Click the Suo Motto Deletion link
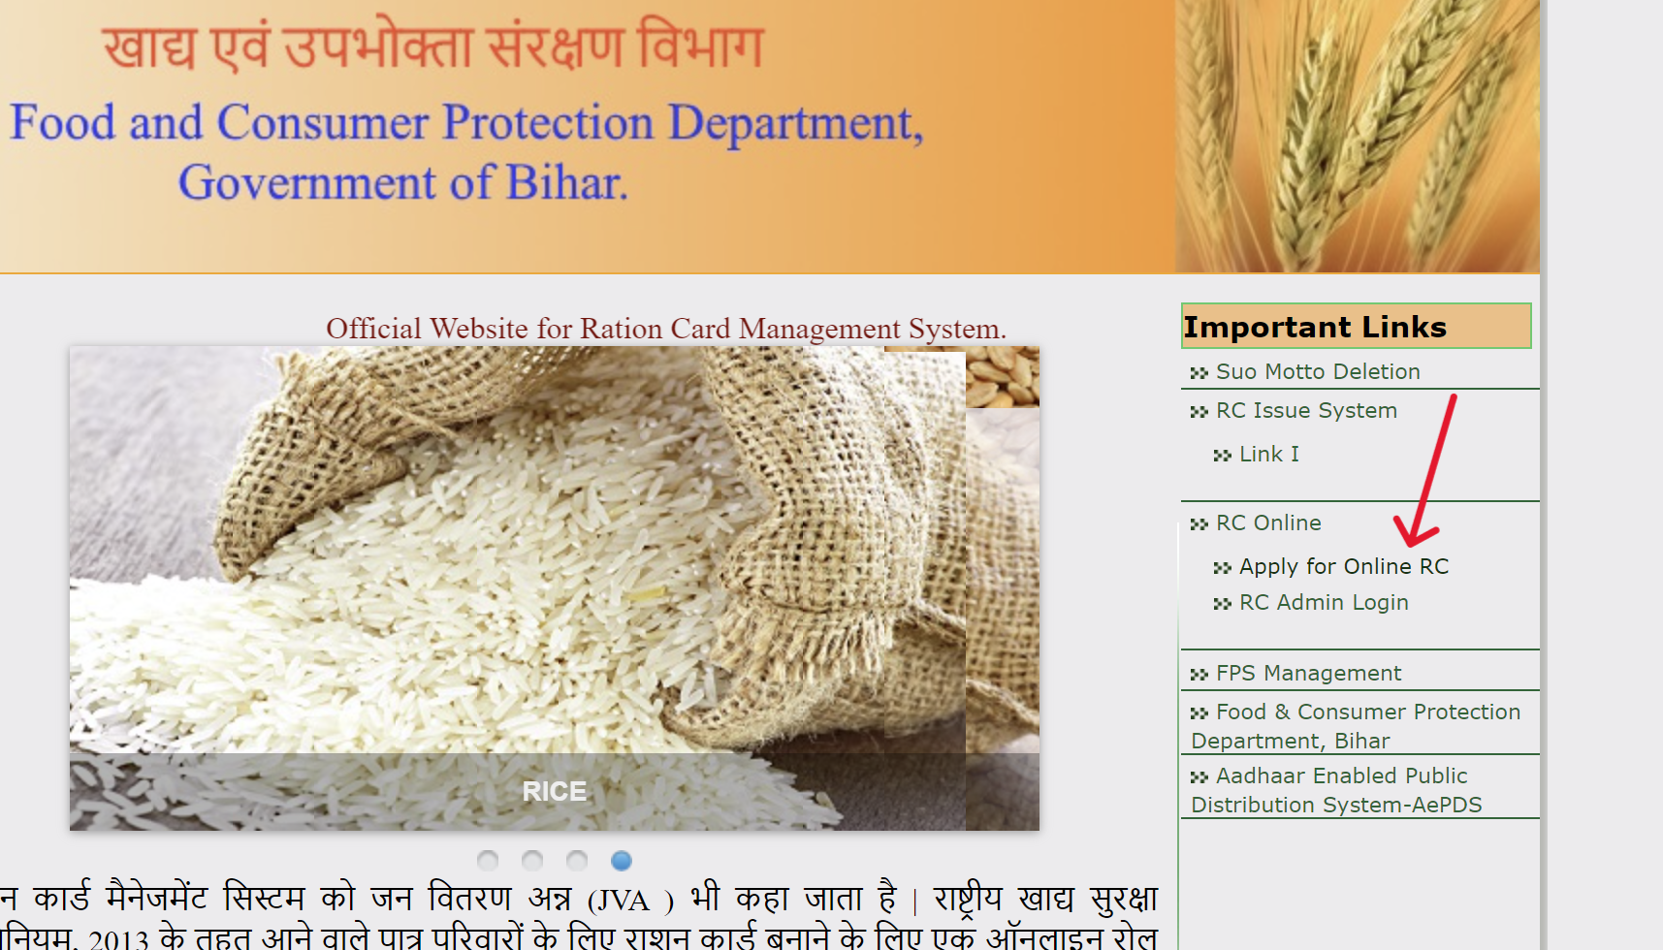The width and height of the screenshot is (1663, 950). coord(1317,372)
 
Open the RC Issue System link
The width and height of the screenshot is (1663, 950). coord(1305,411)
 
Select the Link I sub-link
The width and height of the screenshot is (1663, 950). coord(1268,455)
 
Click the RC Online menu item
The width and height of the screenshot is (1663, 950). coord(1267,523)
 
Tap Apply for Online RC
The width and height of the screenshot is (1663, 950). coord(1343,567)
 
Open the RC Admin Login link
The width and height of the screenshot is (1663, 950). coord(1323,603)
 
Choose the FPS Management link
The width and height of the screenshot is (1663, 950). coord(1307,674)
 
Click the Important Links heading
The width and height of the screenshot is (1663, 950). coord(1315,328)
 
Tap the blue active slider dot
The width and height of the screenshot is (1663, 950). coord(622,861)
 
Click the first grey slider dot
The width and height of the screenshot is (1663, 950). coord(488,861)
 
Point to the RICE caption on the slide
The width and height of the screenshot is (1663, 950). coord(554,792)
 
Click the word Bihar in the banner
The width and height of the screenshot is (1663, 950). coord(566,183)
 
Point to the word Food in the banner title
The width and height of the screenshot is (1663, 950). coord(63,123)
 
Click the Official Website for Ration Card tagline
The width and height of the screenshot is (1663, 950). coord(665,330)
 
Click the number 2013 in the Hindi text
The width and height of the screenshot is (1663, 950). coord(118,938)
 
